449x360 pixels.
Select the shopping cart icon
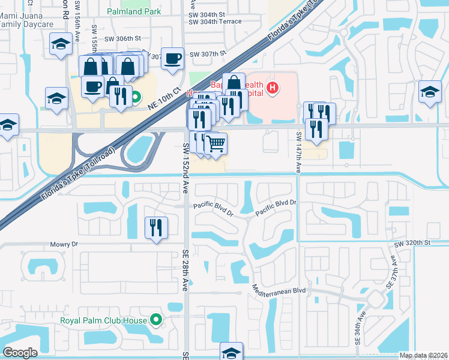215,143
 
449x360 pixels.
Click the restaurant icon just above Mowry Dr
156,227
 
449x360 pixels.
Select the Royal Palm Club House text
103,320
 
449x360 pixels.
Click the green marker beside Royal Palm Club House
157,320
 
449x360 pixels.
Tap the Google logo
20,353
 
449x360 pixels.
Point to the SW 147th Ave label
298,153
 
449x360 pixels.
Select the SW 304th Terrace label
215,22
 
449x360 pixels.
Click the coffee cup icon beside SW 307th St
173,58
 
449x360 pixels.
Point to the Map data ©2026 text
423,356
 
